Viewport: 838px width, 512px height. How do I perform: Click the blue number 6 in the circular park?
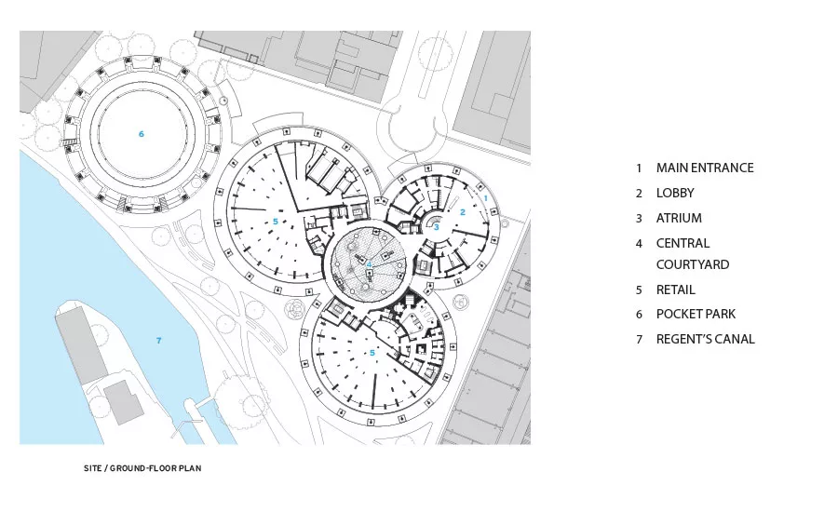(x=142, y=134)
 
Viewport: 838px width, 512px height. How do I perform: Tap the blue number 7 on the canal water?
(x=158, y=341)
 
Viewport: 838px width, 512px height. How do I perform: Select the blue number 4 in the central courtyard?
(x=369, y=264)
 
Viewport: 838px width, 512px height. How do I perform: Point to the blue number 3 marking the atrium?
(x=436, y=227)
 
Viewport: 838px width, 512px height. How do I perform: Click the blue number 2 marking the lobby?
(x=463, y=212)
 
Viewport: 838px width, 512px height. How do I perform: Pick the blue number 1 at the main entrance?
(x=486, y=197)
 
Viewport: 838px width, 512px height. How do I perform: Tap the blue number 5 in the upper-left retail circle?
(x=276, y=222)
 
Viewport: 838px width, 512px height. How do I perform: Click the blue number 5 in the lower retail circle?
(x=372, y=353)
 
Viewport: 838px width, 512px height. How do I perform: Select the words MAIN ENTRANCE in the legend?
(x=705, y=168)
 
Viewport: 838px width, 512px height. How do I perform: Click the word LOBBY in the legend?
(x=675, y=193)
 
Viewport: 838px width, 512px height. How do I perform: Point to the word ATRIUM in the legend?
(x=679, y=218)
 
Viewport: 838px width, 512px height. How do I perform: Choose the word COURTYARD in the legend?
(x=693, y=264)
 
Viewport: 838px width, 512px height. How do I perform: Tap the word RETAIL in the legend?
(x=676, y=290)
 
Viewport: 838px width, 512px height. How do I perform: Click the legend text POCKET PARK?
(x=696, y=314)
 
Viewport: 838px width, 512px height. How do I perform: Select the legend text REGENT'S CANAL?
(x=706, y=339)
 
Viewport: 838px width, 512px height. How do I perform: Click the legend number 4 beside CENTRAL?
(x=639, y=244)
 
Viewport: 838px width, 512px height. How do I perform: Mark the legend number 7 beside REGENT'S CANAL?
(x=639, y=340)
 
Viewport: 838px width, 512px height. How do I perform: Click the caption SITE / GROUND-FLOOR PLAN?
(x=142, y=468)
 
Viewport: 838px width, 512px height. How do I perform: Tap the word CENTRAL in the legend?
(x=683, y=243)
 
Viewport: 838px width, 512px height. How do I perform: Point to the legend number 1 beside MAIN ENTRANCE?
(x=639, y=168)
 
